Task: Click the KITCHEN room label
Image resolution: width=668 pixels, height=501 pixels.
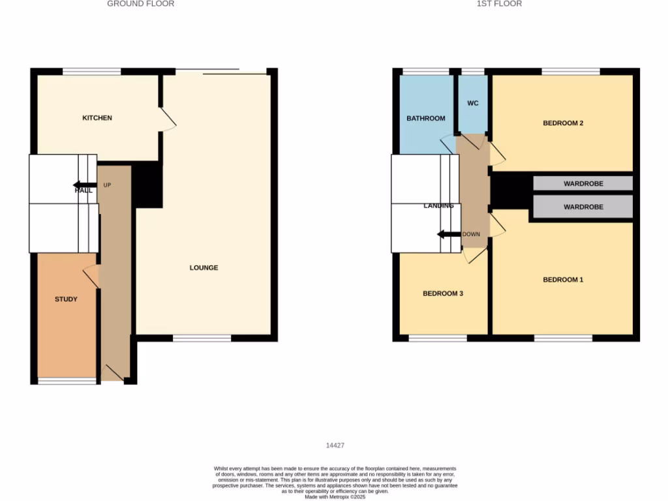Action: (x=97, y=118)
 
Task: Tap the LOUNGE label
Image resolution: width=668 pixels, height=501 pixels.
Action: (x=204, y=267)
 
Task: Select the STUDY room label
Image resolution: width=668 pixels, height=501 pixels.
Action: (x=66, y=299)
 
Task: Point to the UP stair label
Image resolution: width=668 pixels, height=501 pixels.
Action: (x=107, y=185)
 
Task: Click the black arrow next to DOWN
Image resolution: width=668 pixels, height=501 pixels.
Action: (x=449, y=234)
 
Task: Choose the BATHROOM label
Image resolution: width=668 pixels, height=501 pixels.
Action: (x=425, y=119)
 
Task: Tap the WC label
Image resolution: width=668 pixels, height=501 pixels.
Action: (x=473, y=103)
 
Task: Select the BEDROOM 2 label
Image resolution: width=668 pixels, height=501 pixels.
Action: (x=563, y=123)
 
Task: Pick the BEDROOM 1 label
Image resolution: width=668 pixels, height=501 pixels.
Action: (x=563, y=280)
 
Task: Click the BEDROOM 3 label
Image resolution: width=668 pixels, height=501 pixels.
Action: (x=443, y=294)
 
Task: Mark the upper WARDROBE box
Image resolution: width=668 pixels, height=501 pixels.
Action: (x=583, y=183)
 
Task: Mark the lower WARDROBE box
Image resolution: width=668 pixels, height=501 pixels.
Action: (x=583, y=207)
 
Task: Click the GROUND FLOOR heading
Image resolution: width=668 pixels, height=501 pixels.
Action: (x=140, y=4)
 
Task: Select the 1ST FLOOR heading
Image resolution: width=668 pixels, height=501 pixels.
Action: (x=499, y=4)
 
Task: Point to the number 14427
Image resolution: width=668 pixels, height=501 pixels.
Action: (x=335, y=446)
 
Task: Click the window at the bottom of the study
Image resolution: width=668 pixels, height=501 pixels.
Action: (x=67, y=381)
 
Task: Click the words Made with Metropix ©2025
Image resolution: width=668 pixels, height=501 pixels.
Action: (x=335, y=496)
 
